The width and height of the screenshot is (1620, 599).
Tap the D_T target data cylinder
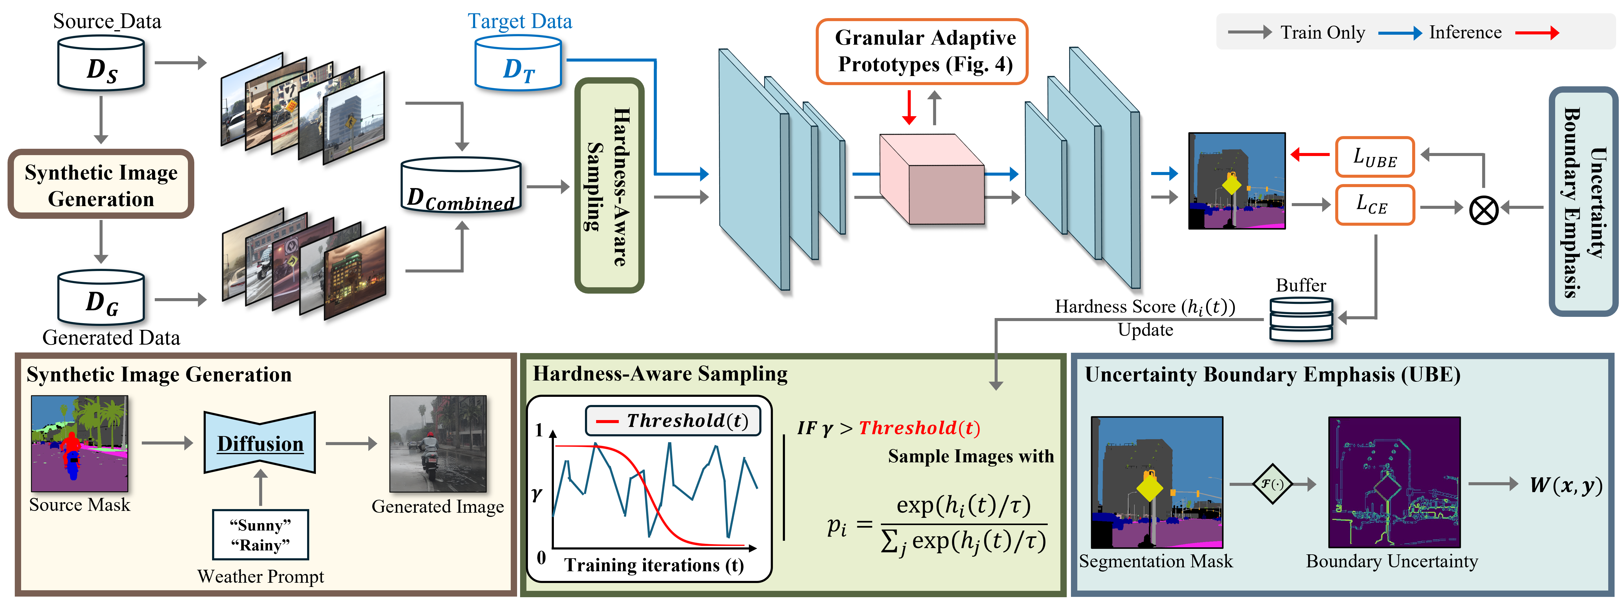[x=518, y=64]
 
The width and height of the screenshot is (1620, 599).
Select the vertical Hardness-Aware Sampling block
[x=609, y=186]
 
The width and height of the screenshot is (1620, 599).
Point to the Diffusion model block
[x=260, y=443]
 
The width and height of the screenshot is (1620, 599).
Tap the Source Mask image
[x=79, y=444]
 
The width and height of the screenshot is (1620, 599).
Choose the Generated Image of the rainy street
[x=438, y=444]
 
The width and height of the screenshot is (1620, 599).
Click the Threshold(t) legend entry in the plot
[x=673, y=420]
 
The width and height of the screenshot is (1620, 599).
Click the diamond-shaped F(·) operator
[x=1272, y=484]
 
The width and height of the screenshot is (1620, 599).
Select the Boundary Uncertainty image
[x=1394, y=482]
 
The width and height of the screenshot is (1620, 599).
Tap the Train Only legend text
[x=1323, y=33]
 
